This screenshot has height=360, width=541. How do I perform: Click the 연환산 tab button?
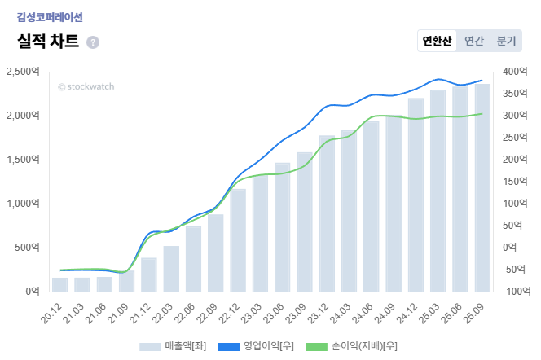coord(437,41)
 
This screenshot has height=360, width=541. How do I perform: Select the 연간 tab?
coord(473,41)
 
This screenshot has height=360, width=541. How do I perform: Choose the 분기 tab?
coord(506,41)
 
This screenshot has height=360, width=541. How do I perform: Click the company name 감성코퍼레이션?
coord(50,16)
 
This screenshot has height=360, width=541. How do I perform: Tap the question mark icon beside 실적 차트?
coord(93,42)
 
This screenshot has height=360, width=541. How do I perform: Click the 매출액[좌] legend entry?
coord(173,346)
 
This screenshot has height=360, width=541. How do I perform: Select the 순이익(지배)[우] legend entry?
coord(351,346)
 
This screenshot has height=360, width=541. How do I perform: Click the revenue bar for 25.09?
coord(482,187)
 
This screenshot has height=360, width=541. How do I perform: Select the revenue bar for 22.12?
coord(238,239)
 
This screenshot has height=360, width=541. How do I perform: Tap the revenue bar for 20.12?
coord(60,284)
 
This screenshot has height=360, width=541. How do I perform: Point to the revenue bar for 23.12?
coord(327,213)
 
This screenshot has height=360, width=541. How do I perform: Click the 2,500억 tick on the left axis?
coord(23,72)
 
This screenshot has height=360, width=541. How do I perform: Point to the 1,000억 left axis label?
coord(23,204)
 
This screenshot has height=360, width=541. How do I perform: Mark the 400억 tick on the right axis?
coord(513,72)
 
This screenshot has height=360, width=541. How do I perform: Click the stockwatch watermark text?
coord(86,86)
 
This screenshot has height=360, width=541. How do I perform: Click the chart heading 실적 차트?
coord(48,42)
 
